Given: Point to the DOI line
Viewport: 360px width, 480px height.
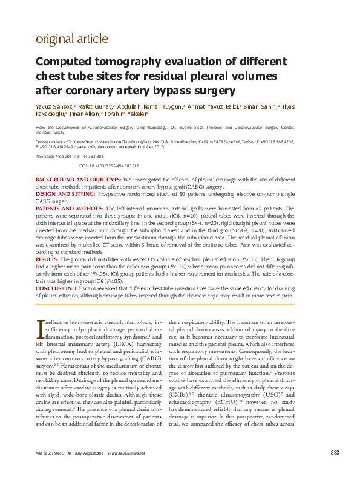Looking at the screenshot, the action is point(110,165).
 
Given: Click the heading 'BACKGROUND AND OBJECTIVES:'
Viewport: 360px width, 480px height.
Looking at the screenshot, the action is point(78,180).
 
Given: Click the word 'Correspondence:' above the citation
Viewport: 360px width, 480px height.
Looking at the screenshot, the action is point(50,141).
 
